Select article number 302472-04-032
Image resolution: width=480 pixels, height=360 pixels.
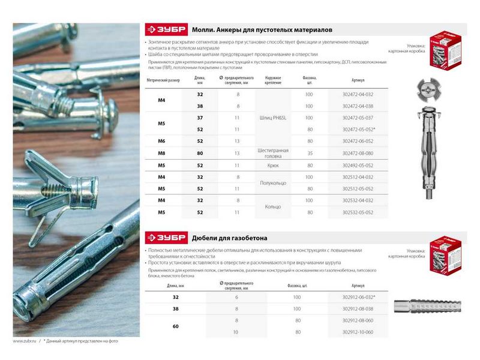click(361, 95)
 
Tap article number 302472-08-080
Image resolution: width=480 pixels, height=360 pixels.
click(361, 154)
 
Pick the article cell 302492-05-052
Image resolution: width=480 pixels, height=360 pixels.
click(361, 165)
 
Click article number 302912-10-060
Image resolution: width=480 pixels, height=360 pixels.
click(361, 332)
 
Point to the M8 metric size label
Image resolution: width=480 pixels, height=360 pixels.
click(161, 154)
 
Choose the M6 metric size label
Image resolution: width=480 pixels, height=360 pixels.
click(161, 142)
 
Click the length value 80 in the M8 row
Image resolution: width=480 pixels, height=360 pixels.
click(200, 154)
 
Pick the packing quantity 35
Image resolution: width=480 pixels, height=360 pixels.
click(310, 154)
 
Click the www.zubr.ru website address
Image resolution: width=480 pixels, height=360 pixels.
click(25, 341)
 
